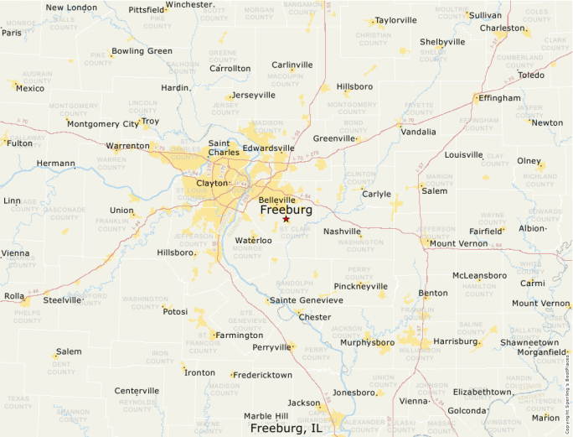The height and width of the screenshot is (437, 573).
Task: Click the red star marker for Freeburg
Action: tap(286, 219)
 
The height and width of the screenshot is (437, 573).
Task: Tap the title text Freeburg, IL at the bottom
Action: tap(286, 428)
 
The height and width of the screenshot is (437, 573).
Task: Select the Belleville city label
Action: tap(276, 200)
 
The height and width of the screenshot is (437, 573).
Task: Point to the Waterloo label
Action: tap(253, 241)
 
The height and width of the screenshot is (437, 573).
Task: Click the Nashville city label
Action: tap(342, 231)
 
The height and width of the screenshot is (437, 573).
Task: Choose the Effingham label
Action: tap(499, 97)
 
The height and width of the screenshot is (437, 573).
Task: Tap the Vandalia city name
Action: tap(418, 132)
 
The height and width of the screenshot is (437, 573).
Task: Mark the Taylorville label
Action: tap(395, 20)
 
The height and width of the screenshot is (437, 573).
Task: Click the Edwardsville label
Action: tap(268, 148)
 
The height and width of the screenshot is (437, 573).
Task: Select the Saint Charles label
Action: tap(224, 148)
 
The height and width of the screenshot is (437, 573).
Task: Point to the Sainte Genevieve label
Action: tap(307, 300)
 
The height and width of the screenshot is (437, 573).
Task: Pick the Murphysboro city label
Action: tap(367, 342)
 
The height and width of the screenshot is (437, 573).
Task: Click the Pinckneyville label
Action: tap(360, 285)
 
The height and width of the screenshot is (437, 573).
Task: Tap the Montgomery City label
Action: tap(103, 124)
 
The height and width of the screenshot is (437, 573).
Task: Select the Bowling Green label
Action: tap(142, 51)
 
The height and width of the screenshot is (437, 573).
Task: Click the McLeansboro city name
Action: tap(479, 275)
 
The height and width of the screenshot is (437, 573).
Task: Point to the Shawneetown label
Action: tap(529, 342)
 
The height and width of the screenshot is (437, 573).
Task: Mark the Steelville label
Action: tap(63, 299)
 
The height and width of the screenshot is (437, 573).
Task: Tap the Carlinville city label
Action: tap(292, 65)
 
